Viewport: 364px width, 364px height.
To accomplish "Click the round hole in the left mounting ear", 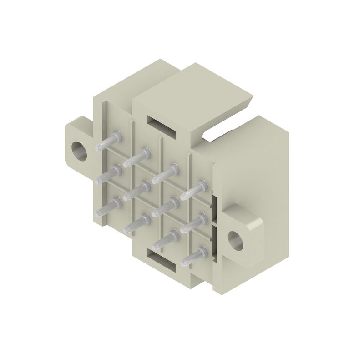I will (x=79, y=151).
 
